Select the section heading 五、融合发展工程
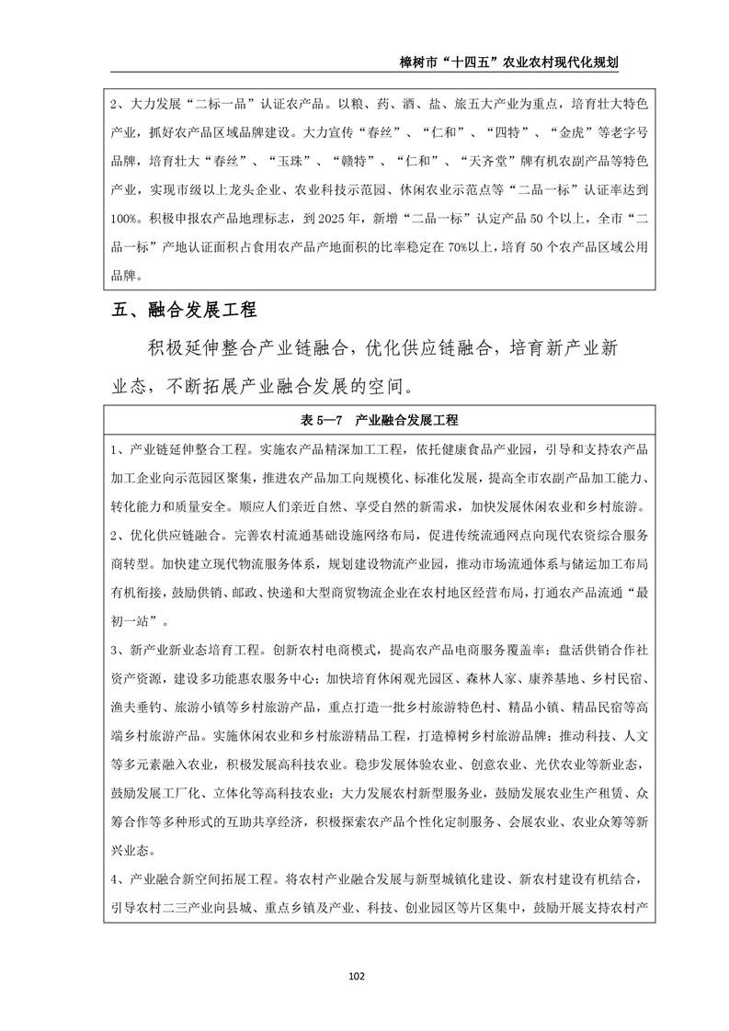[184, 309]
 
